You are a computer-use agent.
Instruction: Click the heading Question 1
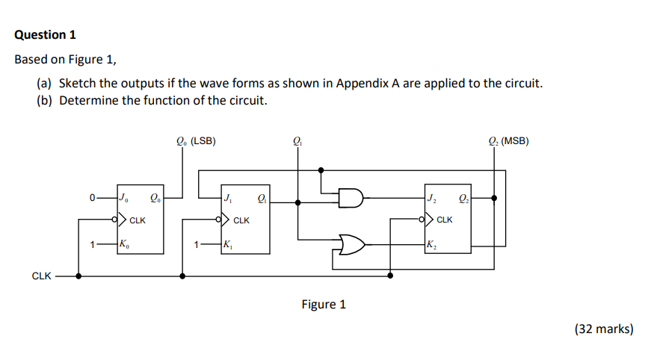[x=46, y=34]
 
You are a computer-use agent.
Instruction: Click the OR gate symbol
[x=351, y=243]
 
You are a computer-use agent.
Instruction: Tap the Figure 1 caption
[x=324, y=304]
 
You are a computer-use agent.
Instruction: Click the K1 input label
[x=227, y=243]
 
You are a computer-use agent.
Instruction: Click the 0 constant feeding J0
[x=91, y=198]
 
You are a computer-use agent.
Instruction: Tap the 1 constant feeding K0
[x=91, y=243]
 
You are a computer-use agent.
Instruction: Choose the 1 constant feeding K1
[x=196, y=243]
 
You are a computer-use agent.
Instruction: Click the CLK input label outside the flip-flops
[x=41, y=276]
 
